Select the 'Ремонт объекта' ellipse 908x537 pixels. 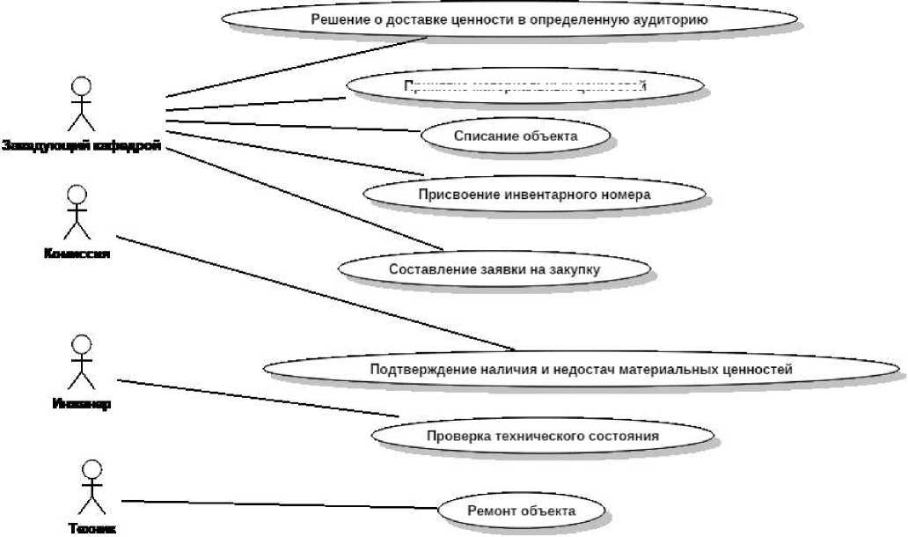(x=522, y=511)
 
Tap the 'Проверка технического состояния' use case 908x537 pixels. (x=542, y=435)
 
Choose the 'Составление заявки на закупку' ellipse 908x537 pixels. (x=494, y=268)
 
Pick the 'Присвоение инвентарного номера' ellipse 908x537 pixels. (x=534, y=193)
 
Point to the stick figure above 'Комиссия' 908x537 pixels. (x=78, y=212)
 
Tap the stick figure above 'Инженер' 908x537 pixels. (x=81, y=362)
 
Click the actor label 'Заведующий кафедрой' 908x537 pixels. (x=81, y=146)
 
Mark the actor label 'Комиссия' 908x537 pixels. (x=77, y=254)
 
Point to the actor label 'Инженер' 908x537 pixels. (x=80, y=405)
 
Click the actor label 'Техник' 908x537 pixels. (x=92, y=529)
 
